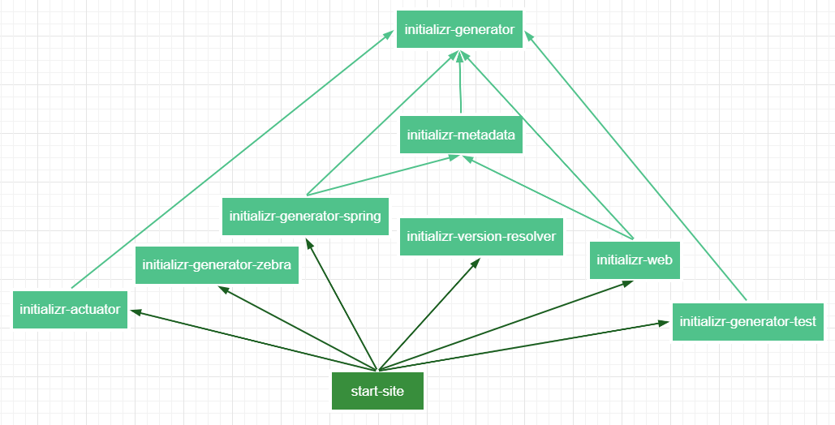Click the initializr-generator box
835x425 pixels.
(x=459, y=29)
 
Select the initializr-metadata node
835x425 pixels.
(x=461, y=134)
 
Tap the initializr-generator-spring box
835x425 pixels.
(x=305, y=217)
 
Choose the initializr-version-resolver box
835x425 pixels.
(x=481, y=237)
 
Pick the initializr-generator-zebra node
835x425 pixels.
(x=217, y=264)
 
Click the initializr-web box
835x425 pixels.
(x=635, y=260)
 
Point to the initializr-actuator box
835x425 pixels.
(x=71, y=310)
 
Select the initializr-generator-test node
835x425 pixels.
(x=747, y=322)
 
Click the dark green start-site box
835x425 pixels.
(x=377, y=391)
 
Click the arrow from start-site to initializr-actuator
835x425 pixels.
(x=253, y=340)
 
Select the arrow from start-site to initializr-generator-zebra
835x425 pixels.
(x=298, y=328)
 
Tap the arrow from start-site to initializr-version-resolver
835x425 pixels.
(x=428, y=314)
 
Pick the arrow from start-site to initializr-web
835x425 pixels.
(x=505, y=325)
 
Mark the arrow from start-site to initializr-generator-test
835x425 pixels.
(x=523, y=346)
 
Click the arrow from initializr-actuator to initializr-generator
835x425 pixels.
(x=233, y=159)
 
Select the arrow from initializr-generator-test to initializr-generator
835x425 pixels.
(x=636, y=165)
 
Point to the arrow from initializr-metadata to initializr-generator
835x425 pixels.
(x=460, y=82)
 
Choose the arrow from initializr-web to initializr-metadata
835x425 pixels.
(x=548, y=198)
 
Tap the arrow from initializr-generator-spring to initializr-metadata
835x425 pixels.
(x=383, y=175)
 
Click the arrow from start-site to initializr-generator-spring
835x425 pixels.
(x=341, y=304)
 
